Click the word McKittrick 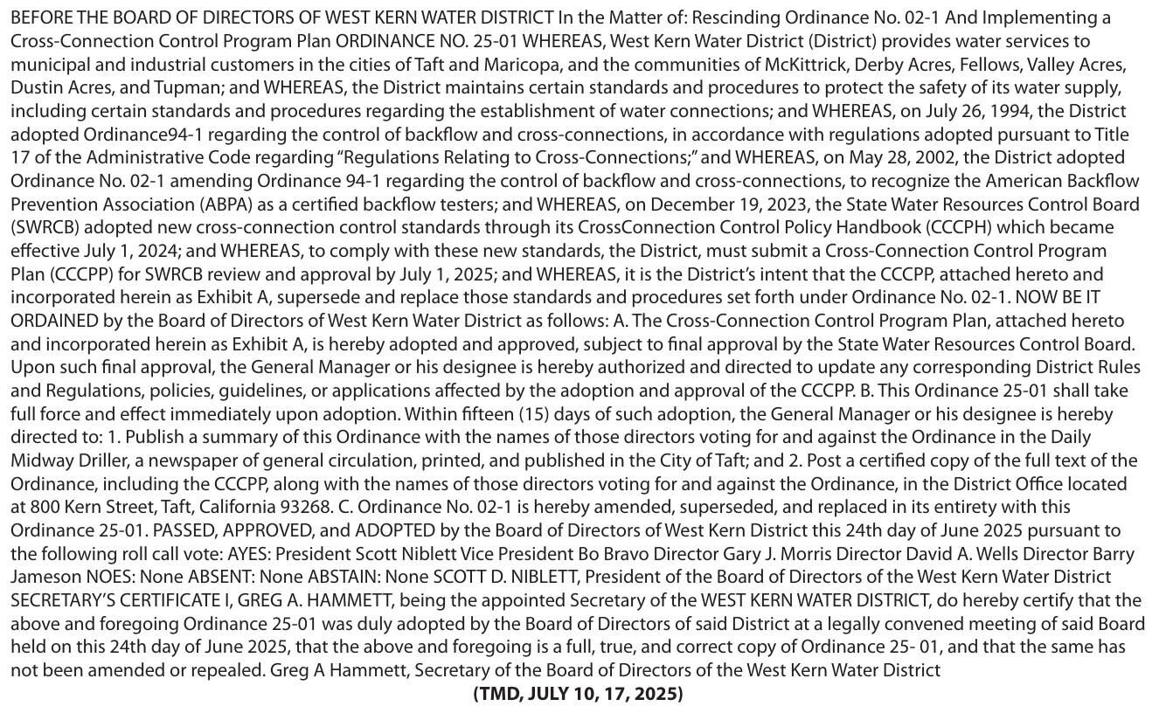coord(804,65)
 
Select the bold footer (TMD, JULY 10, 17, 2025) coord(578,694)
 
